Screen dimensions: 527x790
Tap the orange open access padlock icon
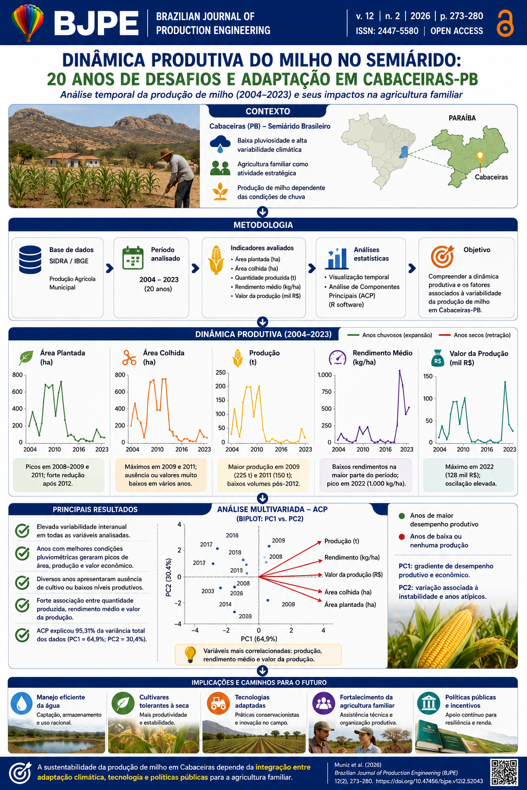pos(505,23)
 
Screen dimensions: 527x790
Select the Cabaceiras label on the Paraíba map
pos(491,177)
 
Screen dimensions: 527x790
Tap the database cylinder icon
pos(30,260)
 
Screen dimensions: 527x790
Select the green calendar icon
pos(133,258)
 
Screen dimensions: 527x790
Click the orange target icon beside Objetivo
pos(442,257)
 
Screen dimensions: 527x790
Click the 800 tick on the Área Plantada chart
pos(17,375)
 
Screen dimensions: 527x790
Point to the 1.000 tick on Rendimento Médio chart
pos(324,375)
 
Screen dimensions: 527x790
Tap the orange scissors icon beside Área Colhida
pos(129,357)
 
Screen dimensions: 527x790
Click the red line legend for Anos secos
pos(445,335)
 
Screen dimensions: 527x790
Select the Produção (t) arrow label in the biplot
pos(342,541)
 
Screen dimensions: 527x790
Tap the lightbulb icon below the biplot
pos(190,655)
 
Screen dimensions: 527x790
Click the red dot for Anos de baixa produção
pos(401,537)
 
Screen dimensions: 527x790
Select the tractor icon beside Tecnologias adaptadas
pos(218,703)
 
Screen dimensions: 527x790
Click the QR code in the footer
pos(504,773)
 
